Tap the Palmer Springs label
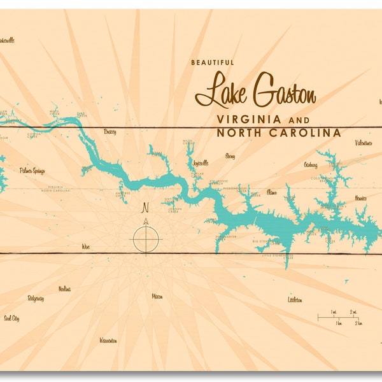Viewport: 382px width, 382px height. coord(32,171)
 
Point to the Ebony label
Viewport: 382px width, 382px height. coord(230,155)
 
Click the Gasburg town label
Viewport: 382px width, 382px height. coord(311,165)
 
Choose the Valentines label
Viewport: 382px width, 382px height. coord(364,143)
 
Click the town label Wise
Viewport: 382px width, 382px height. coord(86,245)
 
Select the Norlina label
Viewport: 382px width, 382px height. coord(64,288)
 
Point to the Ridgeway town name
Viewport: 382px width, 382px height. coord(36,298)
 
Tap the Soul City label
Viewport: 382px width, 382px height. coord(11,318)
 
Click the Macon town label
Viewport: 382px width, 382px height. coord(157,296)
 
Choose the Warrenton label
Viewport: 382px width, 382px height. coord(108,341)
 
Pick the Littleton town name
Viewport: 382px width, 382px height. coord(295,299)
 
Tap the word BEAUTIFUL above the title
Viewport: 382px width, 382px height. coord(213,62)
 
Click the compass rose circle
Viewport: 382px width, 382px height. coord(146,239)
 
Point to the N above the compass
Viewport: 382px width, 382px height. coord(145,208)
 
